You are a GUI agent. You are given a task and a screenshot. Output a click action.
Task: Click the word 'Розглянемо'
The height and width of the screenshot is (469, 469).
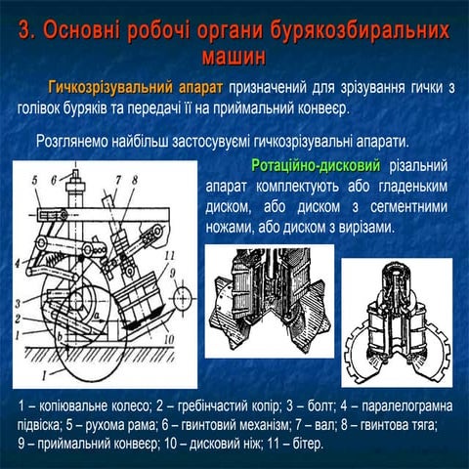tap(73, 140)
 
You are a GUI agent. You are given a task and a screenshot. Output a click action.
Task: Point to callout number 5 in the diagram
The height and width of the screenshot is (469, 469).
tap(33, 179)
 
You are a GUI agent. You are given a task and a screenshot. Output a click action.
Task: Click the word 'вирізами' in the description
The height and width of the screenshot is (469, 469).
tap(361, 227)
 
